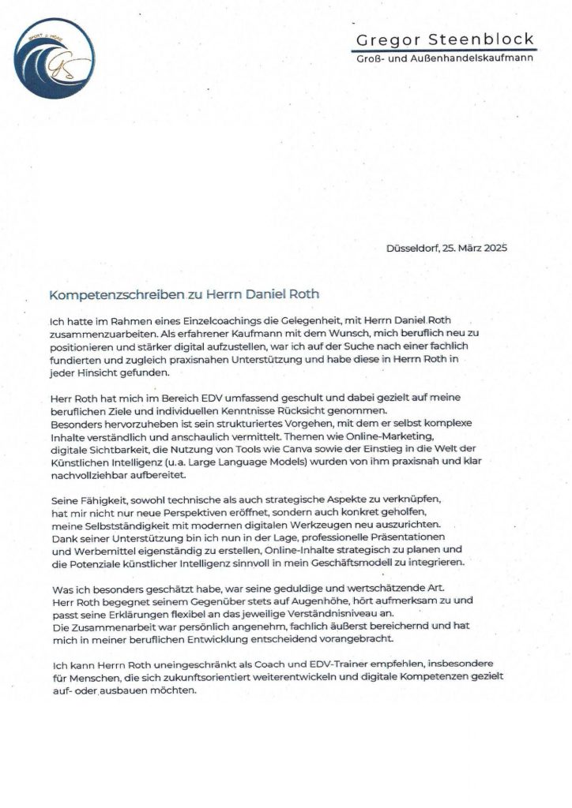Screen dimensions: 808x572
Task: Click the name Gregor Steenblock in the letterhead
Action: (x=445, y=39)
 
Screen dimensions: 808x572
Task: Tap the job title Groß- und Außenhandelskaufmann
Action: (x=445, y=60)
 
